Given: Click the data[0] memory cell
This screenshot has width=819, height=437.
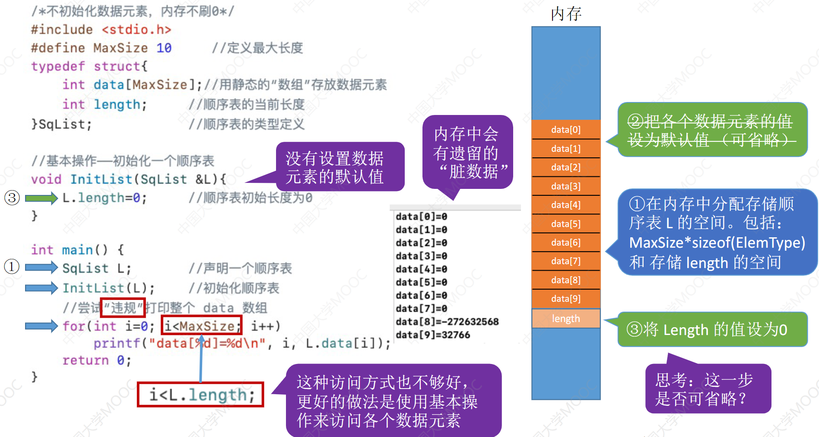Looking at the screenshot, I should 566,130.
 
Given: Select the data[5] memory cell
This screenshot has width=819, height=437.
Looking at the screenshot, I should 566,224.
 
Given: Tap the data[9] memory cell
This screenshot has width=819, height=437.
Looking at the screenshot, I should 566,299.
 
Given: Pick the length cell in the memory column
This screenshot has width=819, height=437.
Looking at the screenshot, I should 566,319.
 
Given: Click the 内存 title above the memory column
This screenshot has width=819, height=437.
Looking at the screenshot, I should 566,14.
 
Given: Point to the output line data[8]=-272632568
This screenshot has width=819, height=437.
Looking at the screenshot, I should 447,322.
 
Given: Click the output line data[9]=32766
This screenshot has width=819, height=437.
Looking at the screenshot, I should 433,335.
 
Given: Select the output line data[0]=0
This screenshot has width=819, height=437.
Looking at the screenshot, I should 421,217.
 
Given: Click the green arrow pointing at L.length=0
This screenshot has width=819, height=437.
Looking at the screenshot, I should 41,198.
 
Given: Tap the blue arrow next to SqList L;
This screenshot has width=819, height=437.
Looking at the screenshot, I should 41,268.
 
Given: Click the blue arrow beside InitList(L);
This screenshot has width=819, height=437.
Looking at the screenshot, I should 41,288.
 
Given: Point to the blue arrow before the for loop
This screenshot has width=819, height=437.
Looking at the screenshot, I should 41,326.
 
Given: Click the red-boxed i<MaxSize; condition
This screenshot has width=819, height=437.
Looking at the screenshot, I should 201,325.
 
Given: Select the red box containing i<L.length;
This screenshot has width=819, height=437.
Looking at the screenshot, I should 200,395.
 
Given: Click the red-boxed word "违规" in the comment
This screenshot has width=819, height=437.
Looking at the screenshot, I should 123,307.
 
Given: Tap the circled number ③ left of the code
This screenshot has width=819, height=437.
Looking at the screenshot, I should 12,198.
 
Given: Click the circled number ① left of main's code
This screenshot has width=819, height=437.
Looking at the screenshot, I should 12,267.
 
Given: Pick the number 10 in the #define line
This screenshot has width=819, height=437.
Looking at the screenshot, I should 164,48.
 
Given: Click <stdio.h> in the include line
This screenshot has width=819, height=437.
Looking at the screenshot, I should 136,29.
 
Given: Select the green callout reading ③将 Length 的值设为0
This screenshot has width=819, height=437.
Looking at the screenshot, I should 712,329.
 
